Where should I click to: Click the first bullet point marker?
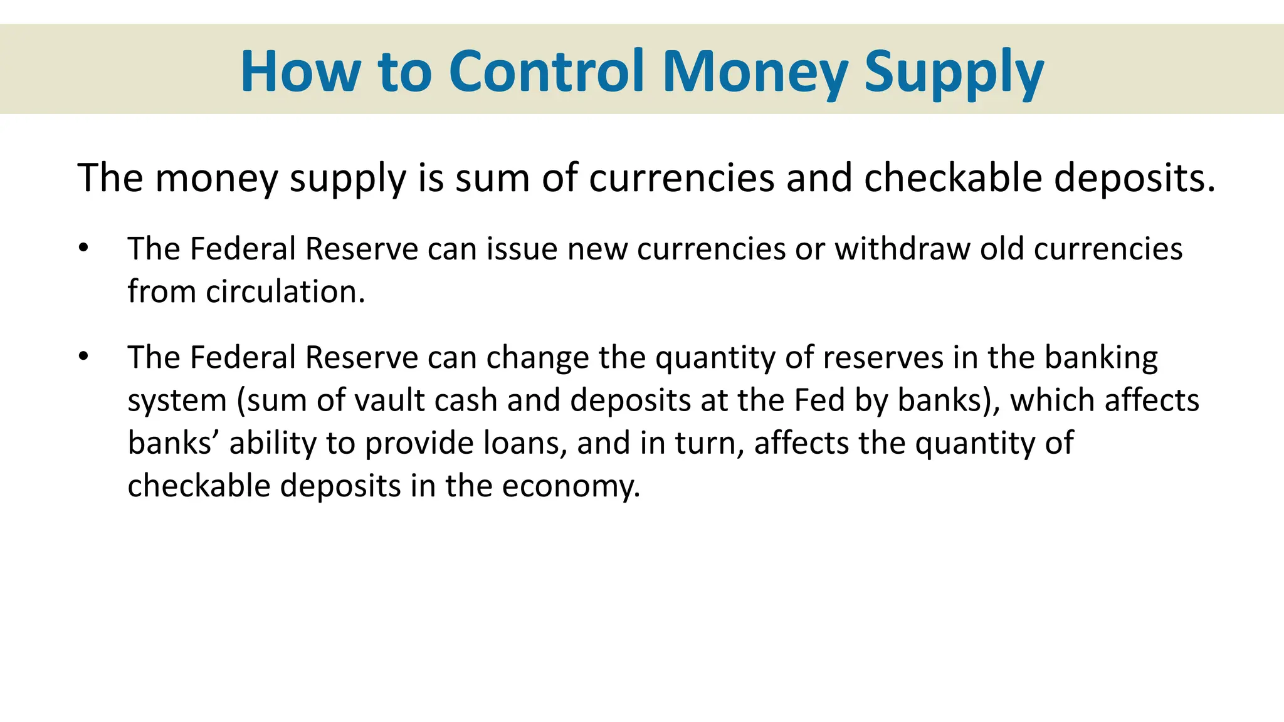coord(83,248)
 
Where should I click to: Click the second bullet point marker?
coord(83,357)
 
